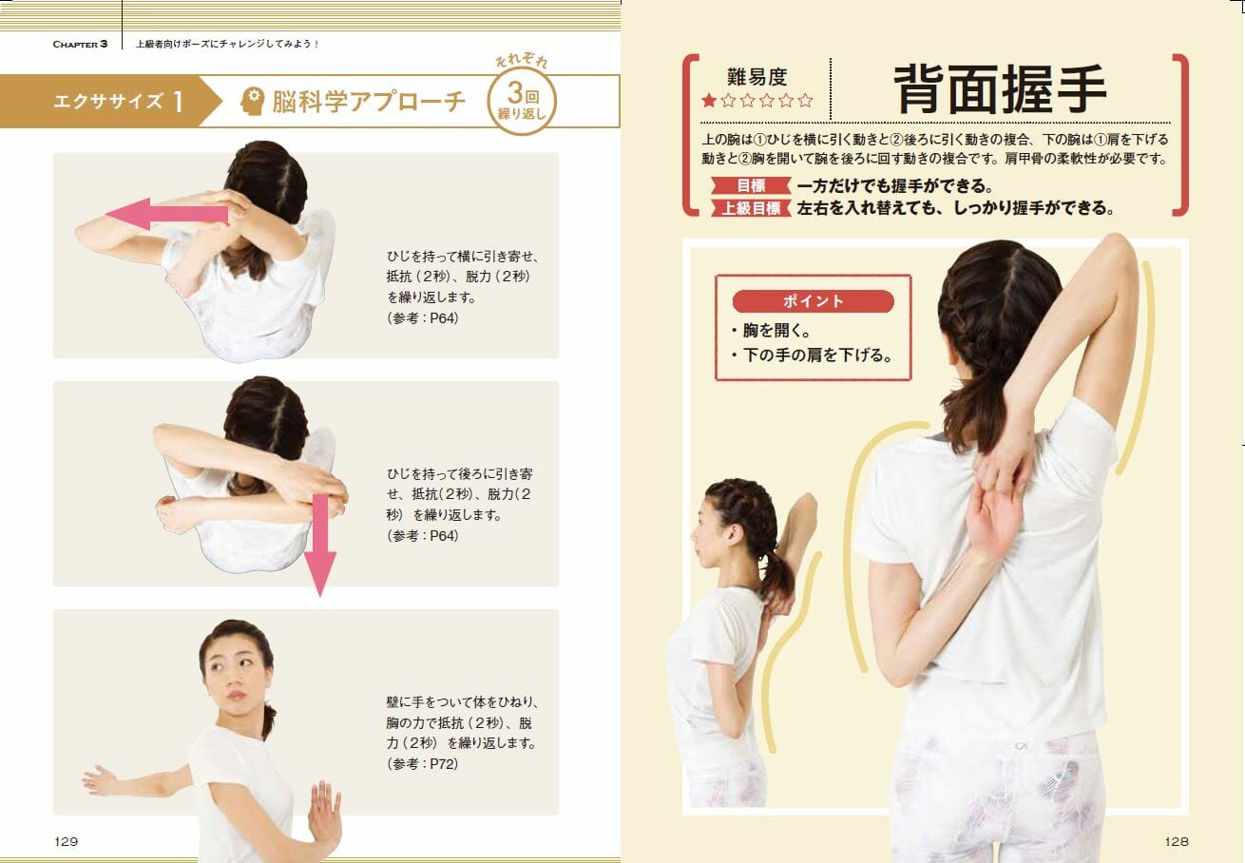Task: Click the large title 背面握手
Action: click(1000, 89)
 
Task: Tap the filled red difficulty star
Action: click(709, 101)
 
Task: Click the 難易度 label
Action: click(757, 77)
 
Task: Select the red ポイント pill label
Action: click(813, 301)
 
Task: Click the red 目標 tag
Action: click(751, 185)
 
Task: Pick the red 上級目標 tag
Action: click(751, 208)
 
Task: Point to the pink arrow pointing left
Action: click(166, 214)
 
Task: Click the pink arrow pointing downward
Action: click(320, 546)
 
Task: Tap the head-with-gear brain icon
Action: click(253, 101)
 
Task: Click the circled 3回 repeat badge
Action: click(522, 101)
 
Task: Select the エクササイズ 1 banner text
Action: click(118, 101)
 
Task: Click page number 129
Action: click(67, 841)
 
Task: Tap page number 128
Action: click(1177, 841)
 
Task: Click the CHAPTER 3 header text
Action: click(80, 44)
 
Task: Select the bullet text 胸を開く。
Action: click(776, 330)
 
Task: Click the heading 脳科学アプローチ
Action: click(369, 101)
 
